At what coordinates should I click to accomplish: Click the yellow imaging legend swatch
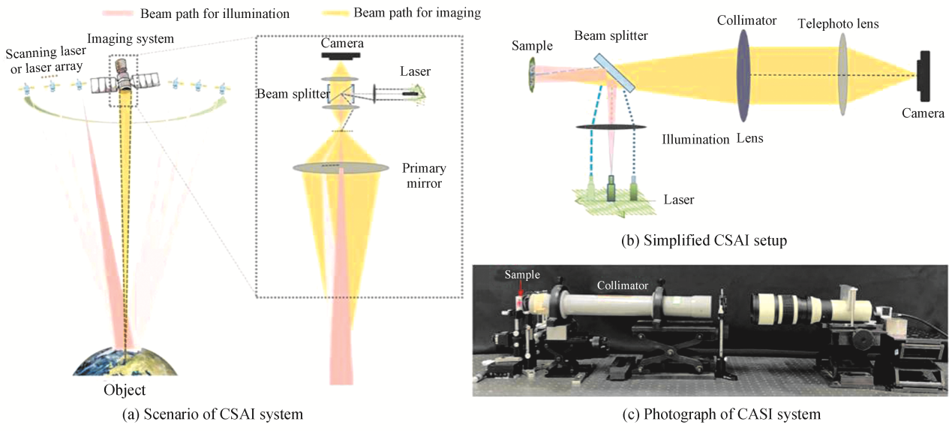pos(335,14)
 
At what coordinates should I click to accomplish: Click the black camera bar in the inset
pos(341,56)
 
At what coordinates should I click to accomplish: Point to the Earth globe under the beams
pos(125,362)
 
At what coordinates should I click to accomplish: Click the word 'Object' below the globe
pos(125,390)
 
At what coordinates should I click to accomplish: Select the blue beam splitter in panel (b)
pos(615,72)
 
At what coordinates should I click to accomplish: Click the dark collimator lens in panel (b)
pos(743,76)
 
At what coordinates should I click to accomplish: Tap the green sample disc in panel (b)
pos(531,72)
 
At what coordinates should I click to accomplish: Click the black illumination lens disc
pos(611,127)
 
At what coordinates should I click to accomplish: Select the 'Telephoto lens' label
pos(838,24)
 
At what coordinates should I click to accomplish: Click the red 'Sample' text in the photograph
pos(521,275)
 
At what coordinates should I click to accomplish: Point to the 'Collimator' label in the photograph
pos(622,286)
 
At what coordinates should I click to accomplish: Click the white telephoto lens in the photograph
pos(788,309)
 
